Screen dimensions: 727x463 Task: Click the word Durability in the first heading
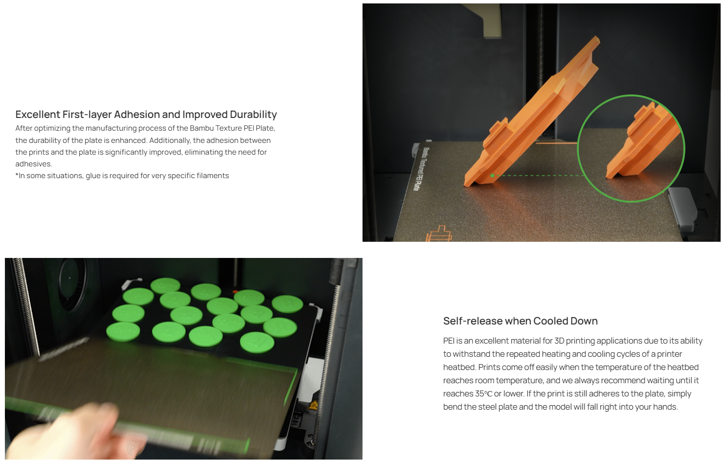[253, 115]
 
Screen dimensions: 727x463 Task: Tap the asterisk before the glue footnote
[17, 175]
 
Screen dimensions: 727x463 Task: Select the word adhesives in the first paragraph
[34, 163]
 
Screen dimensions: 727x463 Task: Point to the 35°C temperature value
[483, 394]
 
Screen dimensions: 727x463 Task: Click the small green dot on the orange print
[492, 175]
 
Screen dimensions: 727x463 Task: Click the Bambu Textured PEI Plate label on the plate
[421, 169]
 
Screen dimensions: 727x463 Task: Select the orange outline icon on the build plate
[438, 234]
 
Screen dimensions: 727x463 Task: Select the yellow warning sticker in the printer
[313, 405]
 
